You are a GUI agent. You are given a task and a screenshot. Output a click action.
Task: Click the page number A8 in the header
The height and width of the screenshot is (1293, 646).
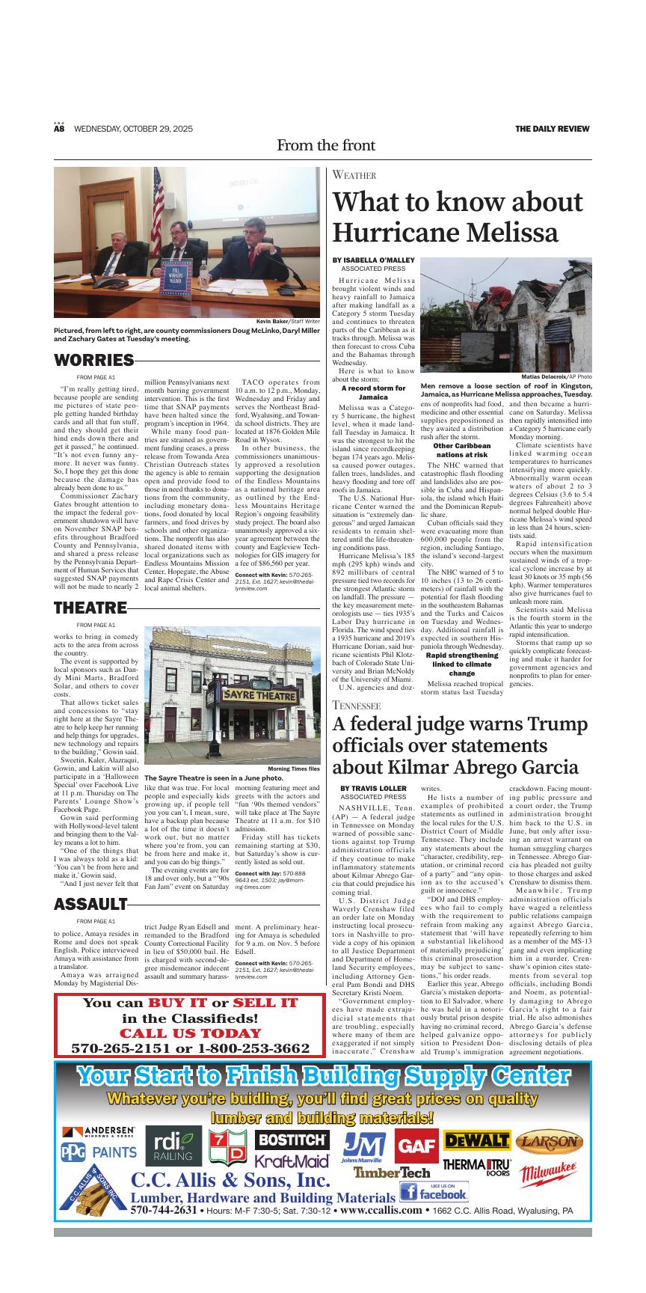[x=59, y=129]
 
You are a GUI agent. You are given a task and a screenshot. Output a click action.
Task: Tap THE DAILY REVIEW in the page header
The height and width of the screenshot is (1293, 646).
[x=553, y=129]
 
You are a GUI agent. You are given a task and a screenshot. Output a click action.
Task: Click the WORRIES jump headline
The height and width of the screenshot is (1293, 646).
[x=93, y=361]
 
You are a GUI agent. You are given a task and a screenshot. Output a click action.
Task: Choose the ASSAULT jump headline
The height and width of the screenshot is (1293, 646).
[x=90, y=904]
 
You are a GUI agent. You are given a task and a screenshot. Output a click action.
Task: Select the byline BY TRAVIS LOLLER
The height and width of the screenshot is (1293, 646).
[x=373, y=788]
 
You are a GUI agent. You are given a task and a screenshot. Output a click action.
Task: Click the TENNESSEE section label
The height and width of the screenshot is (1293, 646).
[x=357, y=706]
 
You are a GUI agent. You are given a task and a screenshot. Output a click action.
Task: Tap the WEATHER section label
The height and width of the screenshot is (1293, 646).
[x=354, y=175]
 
